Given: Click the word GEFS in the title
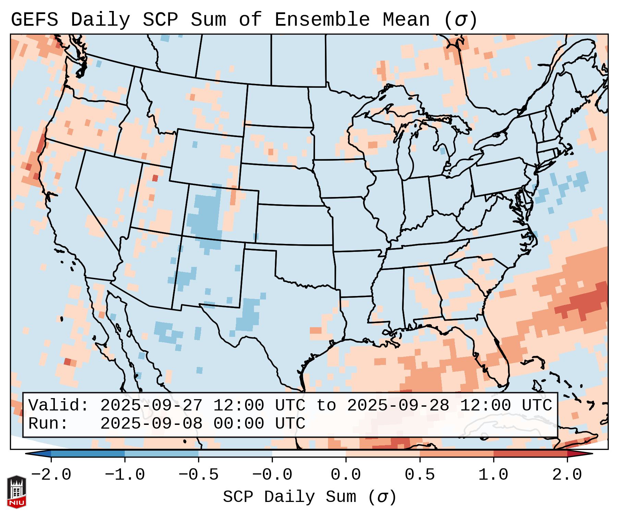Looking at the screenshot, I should click(x=34, y=20).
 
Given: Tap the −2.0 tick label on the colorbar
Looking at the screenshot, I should click(x=51, y=475).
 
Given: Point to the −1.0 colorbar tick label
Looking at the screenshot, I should click(x=125, y=475).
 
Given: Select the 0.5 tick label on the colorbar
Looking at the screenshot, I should click(x=420, y=475).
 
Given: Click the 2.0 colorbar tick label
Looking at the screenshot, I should click(x=567, y=475).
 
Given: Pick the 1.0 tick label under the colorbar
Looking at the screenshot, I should click(x=493, y=475).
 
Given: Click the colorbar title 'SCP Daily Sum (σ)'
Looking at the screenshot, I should click(x=309, y=497).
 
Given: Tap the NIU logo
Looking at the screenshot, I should click(x=16, y=492).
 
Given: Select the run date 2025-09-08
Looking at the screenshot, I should click(x=151, y=423).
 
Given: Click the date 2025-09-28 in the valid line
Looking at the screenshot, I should click(x=398, y=405).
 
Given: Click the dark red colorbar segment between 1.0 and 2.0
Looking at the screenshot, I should click(x=530, y=454).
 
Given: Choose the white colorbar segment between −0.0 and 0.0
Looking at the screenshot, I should click(x=309, y=454).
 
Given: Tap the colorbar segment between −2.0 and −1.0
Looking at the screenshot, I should click(x=88, y=454).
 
